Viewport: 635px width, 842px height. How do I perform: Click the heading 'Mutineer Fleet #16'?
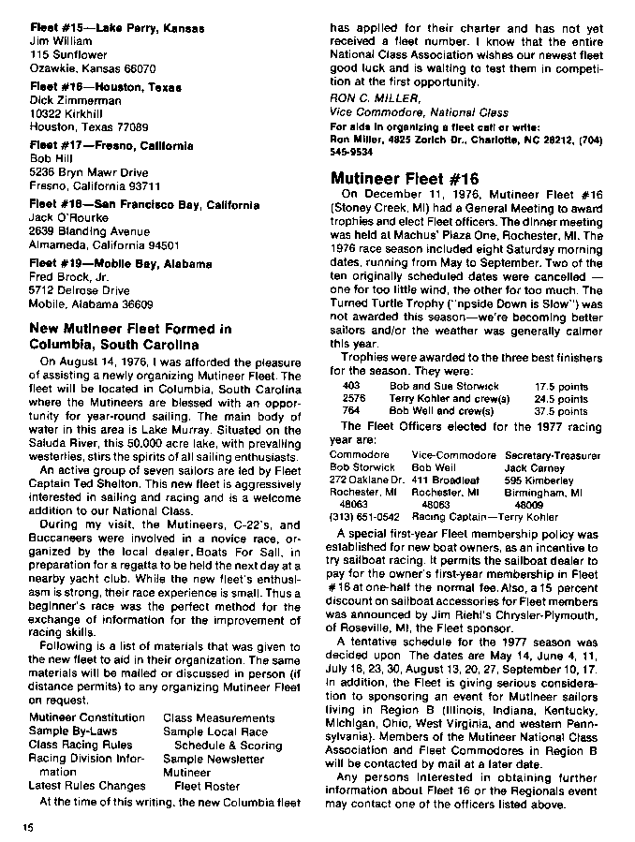[x=405, y=179]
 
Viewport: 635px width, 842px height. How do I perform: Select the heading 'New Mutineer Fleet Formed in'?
[x=130, y=329]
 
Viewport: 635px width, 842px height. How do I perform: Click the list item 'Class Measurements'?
[x=218, y=718]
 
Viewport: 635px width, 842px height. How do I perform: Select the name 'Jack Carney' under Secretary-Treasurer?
[x=535, y=467]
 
